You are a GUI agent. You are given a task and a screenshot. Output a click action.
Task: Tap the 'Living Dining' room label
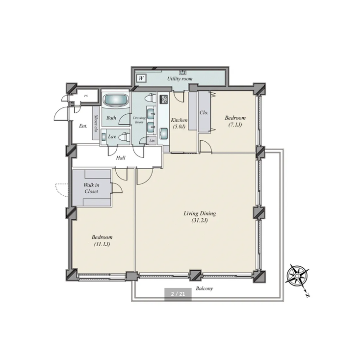click(x=200, y=213)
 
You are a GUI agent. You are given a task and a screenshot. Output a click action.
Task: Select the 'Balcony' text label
click(x=204, y=289)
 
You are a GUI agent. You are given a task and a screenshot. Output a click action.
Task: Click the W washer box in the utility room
click(x=141, y=78)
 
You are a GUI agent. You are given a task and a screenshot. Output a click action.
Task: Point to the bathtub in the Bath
click(x=116, y=100)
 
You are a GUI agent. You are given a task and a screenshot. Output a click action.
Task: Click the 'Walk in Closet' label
click(x=91, y=188)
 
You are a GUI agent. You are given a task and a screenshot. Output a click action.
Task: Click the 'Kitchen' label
click(x=179, y=120)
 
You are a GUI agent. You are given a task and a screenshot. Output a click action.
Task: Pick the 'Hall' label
click(x=121, y=158)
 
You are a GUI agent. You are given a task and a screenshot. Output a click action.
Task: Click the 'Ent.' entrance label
click(x=83, y=126)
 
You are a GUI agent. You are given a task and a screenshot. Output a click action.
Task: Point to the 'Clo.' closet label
click(x=204, y=112)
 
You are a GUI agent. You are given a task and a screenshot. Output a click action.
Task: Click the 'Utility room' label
click(x=180, y=78)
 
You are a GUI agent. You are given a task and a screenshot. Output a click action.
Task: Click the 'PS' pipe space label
click(x=86, y=96)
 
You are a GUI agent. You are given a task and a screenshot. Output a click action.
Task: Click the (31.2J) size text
click(x=200, y=220)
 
